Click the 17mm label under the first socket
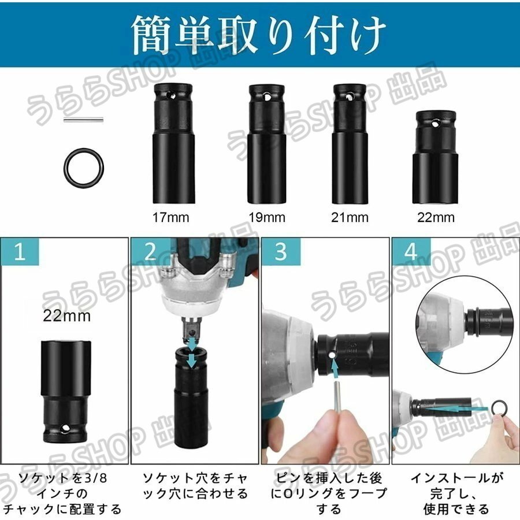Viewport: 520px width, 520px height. (x=170, y=218)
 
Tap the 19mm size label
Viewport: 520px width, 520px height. (x=267, y=218)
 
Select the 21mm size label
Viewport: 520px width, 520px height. (x=350, y=218)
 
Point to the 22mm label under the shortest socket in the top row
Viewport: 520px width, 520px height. (x=436, y=218)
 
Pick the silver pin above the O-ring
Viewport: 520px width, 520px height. (x=84, y=120)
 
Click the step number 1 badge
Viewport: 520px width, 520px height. (x=20, y=251)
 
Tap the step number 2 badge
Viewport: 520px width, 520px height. (x=151, y=251)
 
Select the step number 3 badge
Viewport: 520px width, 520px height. (x=281, y=251)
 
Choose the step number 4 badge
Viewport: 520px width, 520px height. (x=411, y=251)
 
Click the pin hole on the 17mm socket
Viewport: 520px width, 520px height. (x=172, y=96)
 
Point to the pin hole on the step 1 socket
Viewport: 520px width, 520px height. (x=64, y=429)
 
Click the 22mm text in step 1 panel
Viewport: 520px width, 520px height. (x=66, y=315)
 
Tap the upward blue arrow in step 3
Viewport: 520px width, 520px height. (x=335, y=369)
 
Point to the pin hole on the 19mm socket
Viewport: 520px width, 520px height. (x=267, y=97)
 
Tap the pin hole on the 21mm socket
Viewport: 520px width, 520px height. (x=349, y=97)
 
